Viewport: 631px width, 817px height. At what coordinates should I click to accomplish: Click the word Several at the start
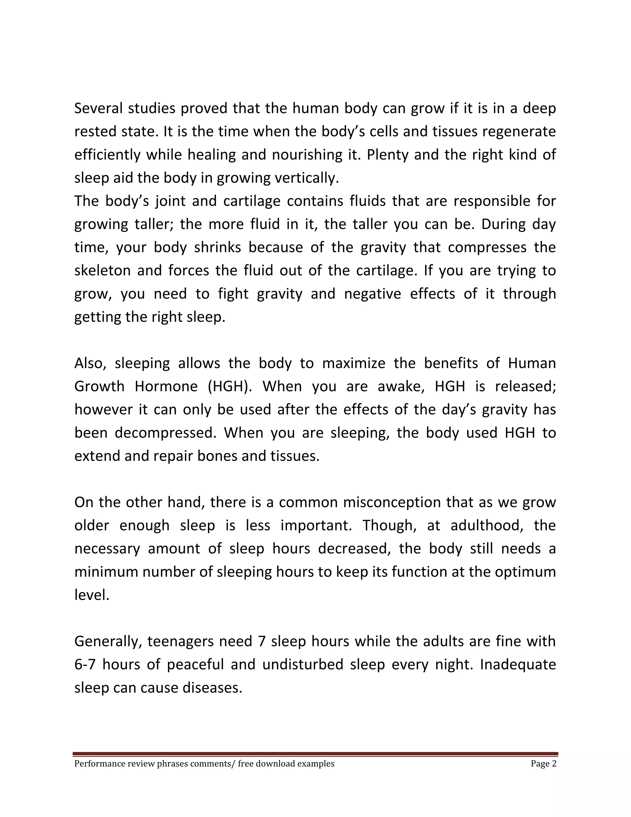98,109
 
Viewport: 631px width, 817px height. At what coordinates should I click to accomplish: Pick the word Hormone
166,386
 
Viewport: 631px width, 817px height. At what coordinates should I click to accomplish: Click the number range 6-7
86,665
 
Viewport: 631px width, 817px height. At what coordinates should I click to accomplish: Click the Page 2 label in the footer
543,763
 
